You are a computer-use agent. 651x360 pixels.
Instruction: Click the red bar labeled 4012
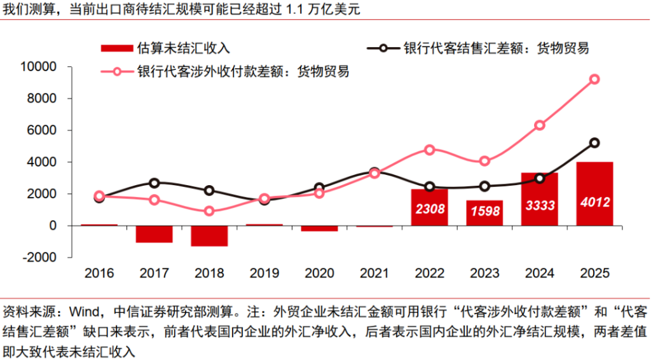[594, 194]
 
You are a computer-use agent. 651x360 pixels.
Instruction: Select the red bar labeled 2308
[430, 207]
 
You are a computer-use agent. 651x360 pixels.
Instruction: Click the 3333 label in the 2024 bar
[540, 205]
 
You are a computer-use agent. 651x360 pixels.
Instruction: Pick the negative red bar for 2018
[209, 236]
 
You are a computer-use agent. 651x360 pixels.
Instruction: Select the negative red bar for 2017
[154, 234]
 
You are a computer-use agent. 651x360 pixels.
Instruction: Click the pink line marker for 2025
[594, 80]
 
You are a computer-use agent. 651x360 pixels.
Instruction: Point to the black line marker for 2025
[594, 143]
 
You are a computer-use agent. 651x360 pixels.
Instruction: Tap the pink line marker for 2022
[430, 150]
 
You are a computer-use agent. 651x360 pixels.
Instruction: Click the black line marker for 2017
[154, 183]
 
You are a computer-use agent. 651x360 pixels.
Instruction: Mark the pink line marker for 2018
[209, 211]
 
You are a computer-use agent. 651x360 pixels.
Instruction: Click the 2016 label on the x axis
[99, 273]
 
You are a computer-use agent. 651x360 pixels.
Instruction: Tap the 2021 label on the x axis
[374, 273]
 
